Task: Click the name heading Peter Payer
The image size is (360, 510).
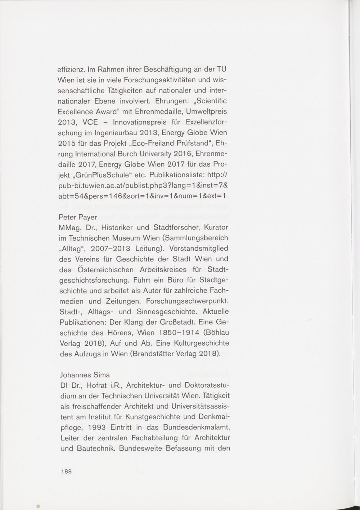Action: click(77, 217)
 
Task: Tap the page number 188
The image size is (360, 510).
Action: click(67, 472)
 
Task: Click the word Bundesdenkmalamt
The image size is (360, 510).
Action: click(197, 428)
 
